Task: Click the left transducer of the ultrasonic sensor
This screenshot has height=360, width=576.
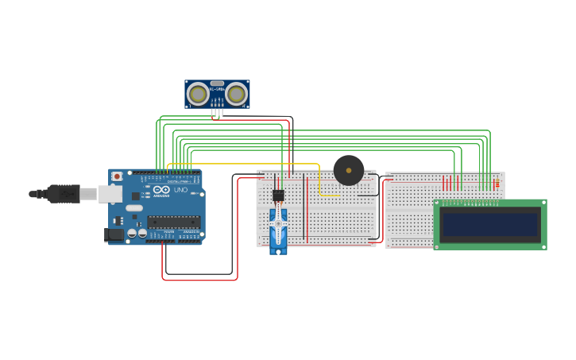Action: tap(198, 95)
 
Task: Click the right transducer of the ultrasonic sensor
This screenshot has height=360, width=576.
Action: tap(236, 95)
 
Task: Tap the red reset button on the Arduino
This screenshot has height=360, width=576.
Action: tap(117, 176)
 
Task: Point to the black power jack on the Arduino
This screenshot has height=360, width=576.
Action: tap(113, 234)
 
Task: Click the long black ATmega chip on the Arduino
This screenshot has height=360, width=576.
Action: tap(173, 222)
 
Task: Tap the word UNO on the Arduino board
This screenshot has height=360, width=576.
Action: tap(180, 191)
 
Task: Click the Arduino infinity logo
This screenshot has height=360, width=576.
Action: tap(162, 190)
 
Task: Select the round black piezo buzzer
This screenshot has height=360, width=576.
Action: tap(349, 170)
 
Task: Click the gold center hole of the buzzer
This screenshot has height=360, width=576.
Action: tap(349, 170)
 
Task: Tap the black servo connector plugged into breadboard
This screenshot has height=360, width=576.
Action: tap(278, 195)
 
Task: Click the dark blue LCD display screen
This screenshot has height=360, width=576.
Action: tap(490, 224)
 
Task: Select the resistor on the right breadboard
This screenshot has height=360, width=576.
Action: tap(497, 184)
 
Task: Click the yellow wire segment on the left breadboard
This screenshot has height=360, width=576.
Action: tap(328, 195)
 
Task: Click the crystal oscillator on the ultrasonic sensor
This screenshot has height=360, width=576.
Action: tap(217, 83)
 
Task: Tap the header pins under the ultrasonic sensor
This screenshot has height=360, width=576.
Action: tap(217, 113)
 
